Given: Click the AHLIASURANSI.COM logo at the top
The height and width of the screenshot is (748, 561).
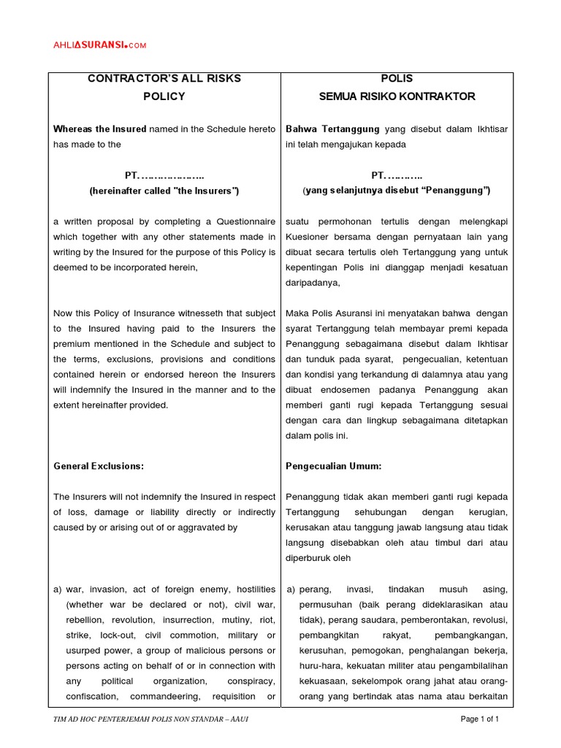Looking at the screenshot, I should click(99, 45).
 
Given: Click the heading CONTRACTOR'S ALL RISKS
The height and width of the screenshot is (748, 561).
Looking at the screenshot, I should click(164, 78).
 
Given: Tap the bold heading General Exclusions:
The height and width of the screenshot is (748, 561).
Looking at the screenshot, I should click(98, 465).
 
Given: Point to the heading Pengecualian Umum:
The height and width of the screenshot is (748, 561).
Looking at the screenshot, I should click(334, 465).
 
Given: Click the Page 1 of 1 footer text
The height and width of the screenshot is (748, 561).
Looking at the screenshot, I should click(480, 719).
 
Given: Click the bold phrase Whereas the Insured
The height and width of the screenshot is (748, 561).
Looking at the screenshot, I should click(99, 129).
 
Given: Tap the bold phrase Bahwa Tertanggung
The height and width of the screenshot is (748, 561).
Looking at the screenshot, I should click(333, 129).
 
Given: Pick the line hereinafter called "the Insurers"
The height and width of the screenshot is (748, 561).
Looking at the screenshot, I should click(164, 191).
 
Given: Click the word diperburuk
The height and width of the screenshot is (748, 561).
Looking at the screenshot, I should click(313, 557).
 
